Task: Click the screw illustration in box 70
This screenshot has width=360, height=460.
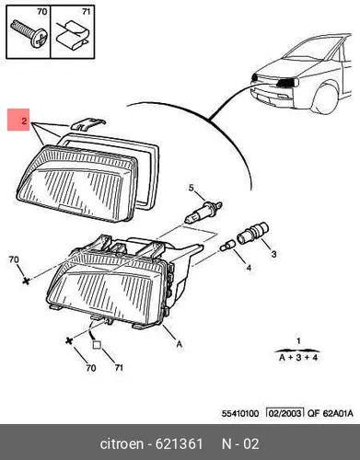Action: [x=29, y=33]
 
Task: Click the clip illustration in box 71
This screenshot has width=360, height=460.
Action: [x=73, y=36]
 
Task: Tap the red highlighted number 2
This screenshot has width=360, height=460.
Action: [x=24, y=121]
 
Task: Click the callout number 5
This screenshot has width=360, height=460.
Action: [x=192, y=188]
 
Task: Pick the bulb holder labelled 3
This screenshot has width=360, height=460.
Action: [x=252, y=234]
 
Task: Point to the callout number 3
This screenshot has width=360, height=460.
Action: [x=273, y=254]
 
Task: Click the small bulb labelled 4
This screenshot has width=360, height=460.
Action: [x=228, y=246]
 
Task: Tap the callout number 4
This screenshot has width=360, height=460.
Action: [x=249, y=268]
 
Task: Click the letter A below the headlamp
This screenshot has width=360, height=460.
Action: [x=180, y=344]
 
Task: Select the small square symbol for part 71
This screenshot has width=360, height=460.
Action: [x=97, y=345]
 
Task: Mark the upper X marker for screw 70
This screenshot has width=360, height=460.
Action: [x=27, y=281]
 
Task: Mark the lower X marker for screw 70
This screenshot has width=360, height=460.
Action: [x=70, y=340]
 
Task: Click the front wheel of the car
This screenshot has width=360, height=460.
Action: [x=326, y=98]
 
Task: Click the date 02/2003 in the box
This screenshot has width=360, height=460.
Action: [x=285, y=413]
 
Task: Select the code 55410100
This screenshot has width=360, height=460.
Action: [x=240, y=413]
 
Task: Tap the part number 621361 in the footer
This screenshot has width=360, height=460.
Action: [x=179, y=443]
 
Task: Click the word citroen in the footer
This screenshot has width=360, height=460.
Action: [x=122, y=443]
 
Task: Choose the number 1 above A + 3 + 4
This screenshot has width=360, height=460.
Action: [x=298, y=340]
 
